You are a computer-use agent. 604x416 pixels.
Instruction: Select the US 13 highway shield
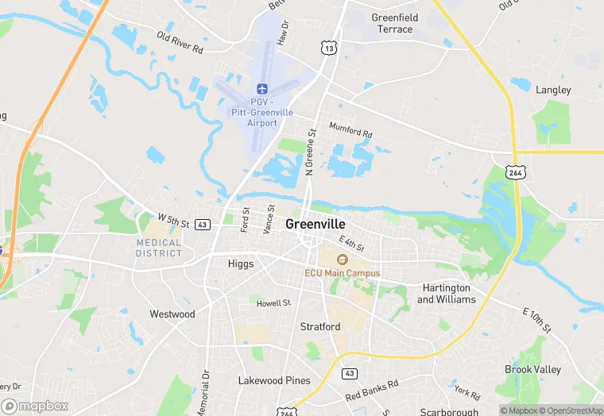tap(329, 48)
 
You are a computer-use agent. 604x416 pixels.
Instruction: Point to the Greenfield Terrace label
tap(393, 23)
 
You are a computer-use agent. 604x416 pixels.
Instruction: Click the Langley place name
tap(553, 90)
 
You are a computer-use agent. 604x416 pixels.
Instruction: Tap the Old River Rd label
tap(180, 43)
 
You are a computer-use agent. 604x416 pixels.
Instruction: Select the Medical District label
tap(159, 248)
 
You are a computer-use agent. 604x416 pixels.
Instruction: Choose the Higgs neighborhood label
tap(240, 264)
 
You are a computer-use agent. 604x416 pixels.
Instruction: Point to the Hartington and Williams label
tap(447, 294)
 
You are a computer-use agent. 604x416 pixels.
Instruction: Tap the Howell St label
tap(273, 302)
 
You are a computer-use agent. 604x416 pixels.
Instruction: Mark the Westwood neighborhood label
tap(172, 314)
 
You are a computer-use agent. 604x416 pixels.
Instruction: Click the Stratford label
tap(320, 327)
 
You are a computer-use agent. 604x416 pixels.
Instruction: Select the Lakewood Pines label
tap(274, 381)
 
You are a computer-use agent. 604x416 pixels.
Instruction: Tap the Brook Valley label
tap(532, 370)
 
